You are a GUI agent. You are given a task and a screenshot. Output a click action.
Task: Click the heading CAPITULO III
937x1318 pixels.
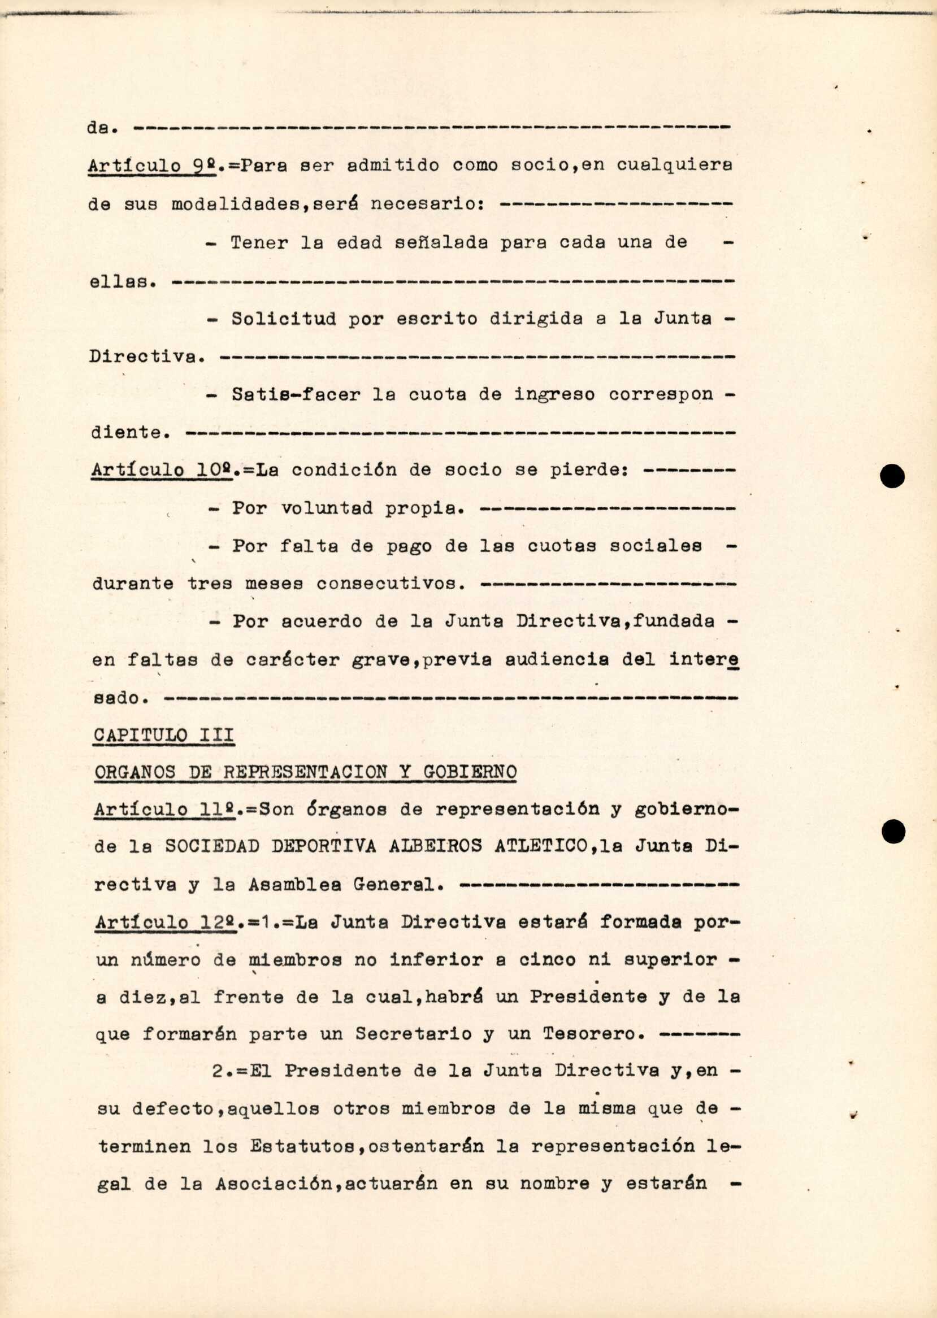click(164, 735)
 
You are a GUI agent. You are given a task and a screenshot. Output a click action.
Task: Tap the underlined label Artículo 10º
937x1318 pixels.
click(162, 470)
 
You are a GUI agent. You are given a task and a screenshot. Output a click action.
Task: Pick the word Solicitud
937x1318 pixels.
click(283, 319)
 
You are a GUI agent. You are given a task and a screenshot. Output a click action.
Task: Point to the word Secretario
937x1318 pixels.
click(413, 1034)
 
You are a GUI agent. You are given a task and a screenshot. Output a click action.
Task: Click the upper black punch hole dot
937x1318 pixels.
click(892, 476)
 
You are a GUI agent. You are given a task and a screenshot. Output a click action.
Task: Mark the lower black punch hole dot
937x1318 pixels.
click(893, 832)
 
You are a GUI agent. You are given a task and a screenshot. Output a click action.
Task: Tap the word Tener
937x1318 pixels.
click(259, 242)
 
